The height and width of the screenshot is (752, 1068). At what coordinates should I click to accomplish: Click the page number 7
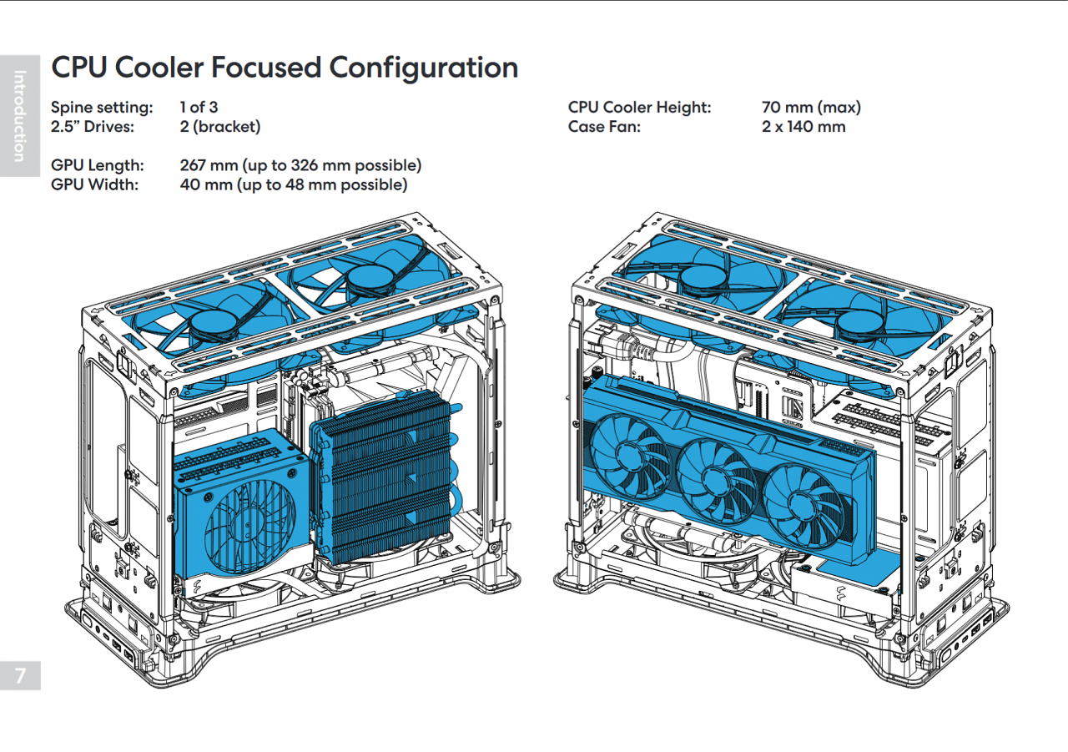pyautogui.click(x=20, y=675)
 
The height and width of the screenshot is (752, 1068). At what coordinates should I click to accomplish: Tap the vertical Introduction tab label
pyautogui.click(x=19, y=116)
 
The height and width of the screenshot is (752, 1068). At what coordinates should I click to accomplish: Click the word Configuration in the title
pyautogui.click(x=423, y=68)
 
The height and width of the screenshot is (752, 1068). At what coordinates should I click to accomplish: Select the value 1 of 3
pyautogui.click(x=199, y=108)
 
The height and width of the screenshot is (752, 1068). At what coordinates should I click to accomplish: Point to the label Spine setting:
pyautogui.click(x=102, y=109)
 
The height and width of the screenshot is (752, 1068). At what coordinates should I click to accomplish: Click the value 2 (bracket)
pyautogui.click(x=220, y=127)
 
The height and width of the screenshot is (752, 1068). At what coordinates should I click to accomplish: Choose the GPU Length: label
pyautogui.click(x=98, y=166)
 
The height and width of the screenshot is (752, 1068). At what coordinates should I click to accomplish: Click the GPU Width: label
pyautogui.click(x=95, y=184)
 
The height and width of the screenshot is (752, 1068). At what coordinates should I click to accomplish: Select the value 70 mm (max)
pyautogui.click(x=812, y=108)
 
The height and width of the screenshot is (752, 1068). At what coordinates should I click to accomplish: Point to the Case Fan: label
pyautogui.click(x=604, y=127)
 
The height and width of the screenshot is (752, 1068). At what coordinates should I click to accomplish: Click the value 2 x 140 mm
pyautogui.click(x=804, y=127)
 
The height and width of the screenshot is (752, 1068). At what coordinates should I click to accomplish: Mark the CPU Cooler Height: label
pyautogui.click(x=639, y=108)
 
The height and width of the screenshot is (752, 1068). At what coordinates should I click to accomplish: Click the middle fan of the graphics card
pyautogui.click(x=714, y=482)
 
